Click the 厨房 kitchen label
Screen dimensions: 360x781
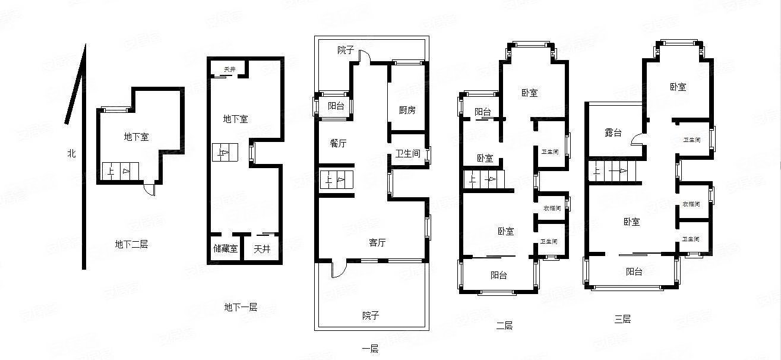pos(407,110)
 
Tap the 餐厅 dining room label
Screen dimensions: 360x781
pos(339,143)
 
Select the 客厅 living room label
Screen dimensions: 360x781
pos(378,242)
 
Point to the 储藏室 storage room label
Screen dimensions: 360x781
pos(225,249)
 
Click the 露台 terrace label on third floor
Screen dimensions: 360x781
pos(613,133)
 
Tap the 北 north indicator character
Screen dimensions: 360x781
pos(71,154)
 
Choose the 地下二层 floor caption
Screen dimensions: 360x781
pos(131,244)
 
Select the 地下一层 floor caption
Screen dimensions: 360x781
pos(241,307)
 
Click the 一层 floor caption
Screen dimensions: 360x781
pos(369,349)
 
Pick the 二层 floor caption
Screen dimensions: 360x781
pos(504,325)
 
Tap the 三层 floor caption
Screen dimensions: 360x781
pos(622,319)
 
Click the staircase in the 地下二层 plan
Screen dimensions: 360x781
pos(122,172)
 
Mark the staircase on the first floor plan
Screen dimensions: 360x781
pos(337,180)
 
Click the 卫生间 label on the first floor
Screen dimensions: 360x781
pos(408,153)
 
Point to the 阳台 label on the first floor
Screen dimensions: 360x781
pos(336,106)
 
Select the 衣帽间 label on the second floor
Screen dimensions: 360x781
pos(551,207)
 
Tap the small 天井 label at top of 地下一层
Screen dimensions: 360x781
pos(229,70)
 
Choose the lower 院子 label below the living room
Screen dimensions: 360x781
pos(371,315)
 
